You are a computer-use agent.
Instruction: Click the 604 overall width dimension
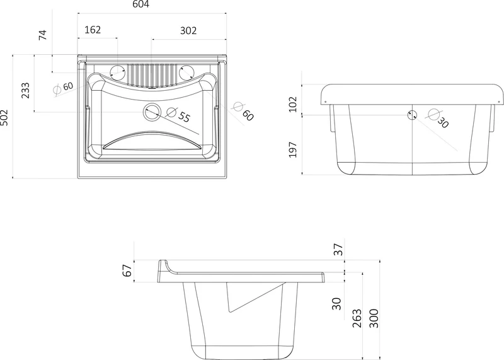tap(140, 4)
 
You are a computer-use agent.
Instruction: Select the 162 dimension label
tap(93, 30)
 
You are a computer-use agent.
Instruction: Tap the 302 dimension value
tap(188, 30)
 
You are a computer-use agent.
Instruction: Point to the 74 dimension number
tap(43, 35)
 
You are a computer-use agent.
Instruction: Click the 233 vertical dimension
tap(25, 90)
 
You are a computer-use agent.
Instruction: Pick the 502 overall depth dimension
tap(4, 118)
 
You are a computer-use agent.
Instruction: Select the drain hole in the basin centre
tap(152, 112)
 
